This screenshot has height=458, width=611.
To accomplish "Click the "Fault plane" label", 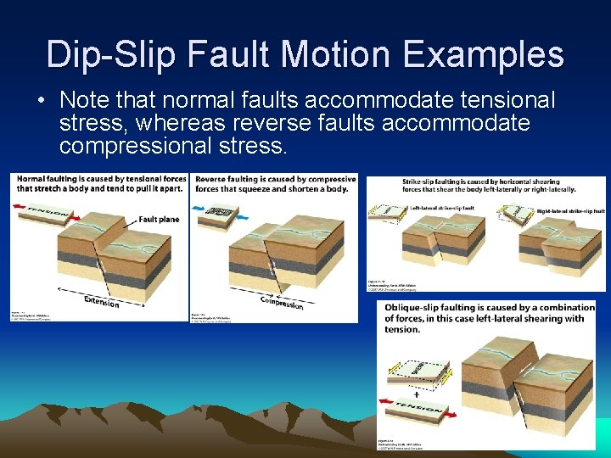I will (159, 219).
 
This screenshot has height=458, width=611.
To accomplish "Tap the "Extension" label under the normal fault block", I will (102, 302).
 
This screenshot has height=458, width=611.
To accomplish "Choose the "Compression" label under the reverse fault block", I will (282, 302).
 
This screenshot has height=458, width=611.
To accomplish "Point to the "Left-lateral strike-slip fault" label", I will (447, 208).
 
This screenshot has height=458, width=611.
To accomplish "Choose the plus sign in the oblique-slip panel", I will (417, 395).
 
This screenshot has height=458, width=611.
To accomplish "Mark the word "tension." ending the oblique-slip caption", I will (402, 329).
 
